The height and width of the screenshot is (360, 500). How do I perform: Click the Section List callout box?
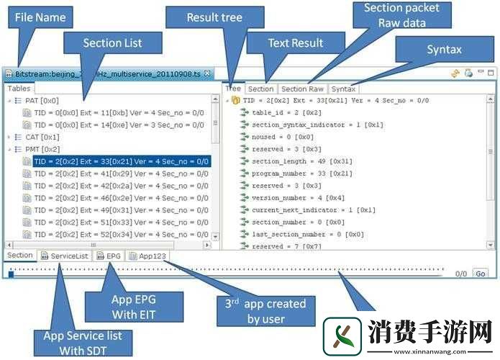(x=112, y=42)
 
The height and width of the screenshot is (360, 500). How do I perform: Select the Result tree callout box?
(x=214, y=17)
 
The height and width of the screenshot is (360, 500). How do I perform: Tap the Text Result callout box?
(x=295, y=43)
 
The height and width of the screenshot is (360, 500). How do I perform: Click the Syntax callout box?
(x=444, y=50)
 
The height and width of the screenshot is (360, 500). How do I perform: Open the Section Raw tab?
(x=302, y=89)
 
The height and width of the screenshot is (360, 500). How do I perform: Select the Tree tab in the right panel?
(x=233, y=89)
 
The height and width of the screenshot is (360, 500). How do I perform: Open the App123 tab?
(x=151, y=255)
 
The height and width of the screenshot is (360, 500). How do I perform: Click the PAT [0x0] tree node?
(x=42, y=101)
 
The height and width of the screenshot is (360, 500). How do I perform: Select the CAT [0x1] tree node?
(x=42, y=137)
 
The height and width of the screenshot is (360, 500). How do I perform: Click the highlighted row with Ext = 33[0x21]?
(x=121, y=161)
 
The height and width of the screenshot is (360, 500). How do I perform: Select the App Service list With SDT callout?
(x=82, y=342)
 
